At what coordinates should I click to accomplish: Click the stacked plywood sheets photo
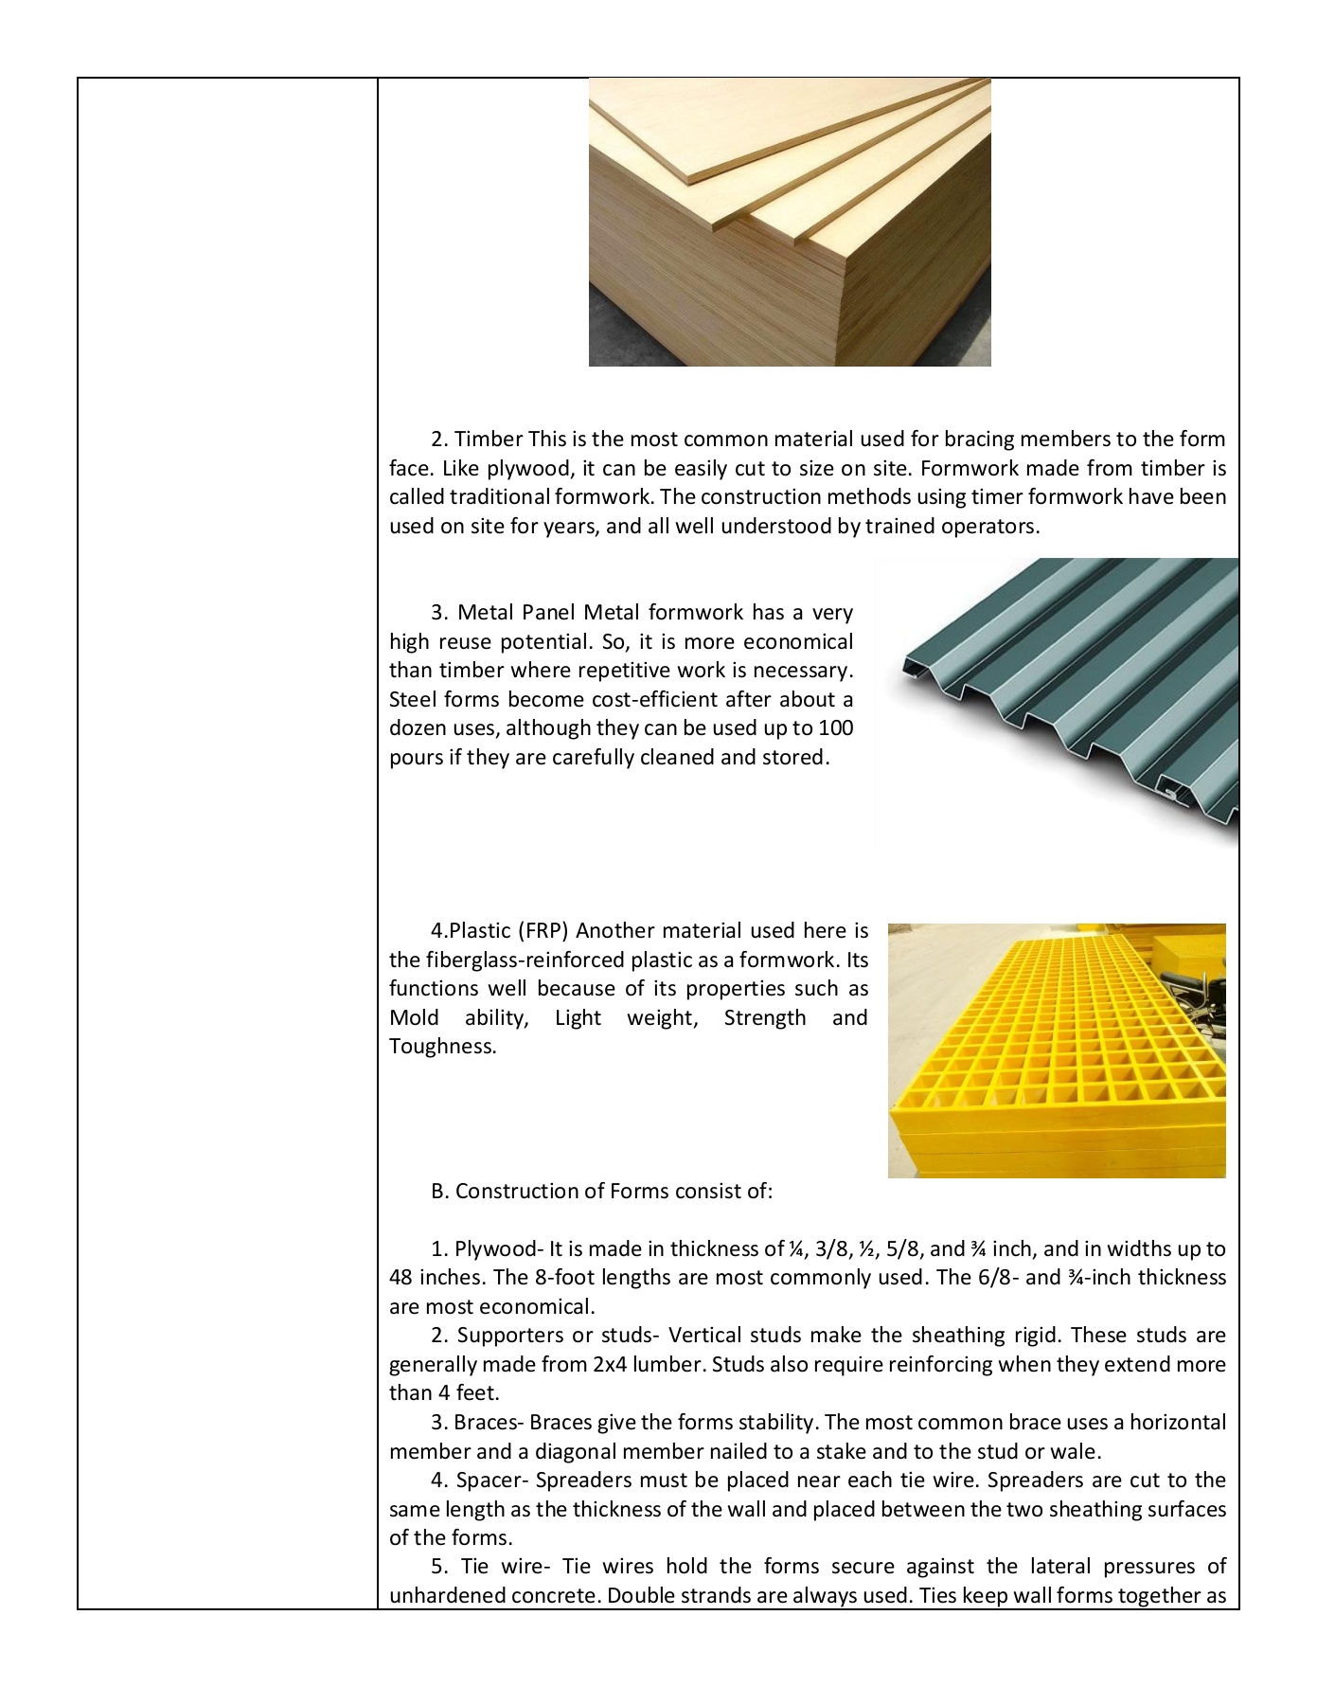click(x=790, y=222)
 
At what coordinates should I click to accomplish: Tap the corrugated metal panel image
click(x=1056, y=702)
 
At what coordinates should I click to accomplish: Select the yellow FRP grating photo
click(x=1057, y=1050)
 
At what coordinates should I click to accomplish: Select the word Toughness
click(x=442, y=1047)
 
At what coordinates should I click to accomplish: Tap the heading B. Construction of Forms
click(x=601, y=1192)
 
